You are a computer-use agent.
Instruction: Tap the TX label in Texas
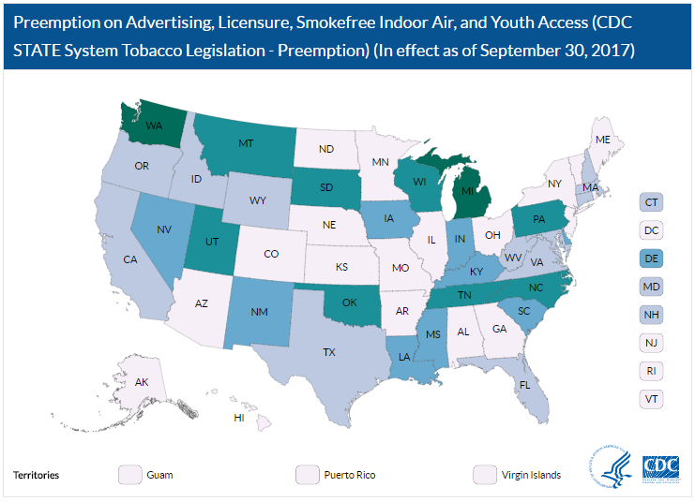[329, 352]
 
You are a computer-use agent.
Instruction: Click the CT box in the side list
[652, 201]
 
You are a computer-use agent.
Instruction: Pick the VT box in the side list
[652, 398]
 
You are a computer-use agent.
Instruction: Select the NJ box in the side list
[652, 342]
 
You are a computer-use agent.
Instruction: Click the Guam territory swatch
[129, 475]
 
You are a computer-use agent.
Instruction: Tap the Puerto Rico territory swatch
[307, 475]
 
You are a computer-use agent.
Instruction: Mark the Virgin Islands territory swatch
[485, 475]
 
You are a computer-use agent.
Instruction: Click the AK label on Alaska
[142, 382]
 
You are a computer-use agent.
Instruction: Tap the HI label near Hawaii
[238, 416]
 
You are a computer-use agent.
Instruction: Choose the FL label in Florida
[525, 384]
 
